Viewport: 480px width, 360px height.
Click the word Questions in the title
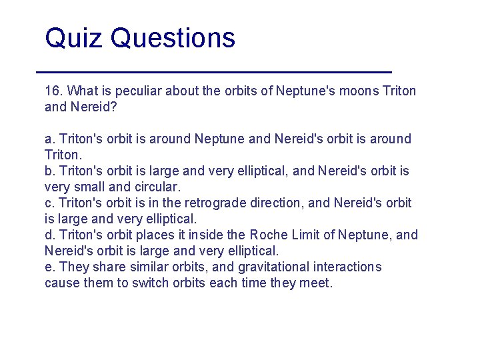pyautogui.click(x=173, y=38)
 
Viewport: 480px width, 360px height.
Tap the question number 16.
pyautogui.click(x=53, y=91)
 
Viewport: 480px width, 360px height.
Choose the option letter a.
pyautogui.click(x=49, y=139)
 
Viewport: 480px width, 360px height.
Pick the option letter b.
pyautogui.click(x=49, y=171)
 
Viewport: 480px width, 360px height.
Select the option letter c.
pyautogui.click(x=49, y=203)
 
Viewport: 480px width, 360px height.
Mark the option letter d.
pyautogui.click(x=49, y=235)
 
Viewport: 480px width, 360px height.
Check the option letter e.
pyautogui.click(x=49, y=267)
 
